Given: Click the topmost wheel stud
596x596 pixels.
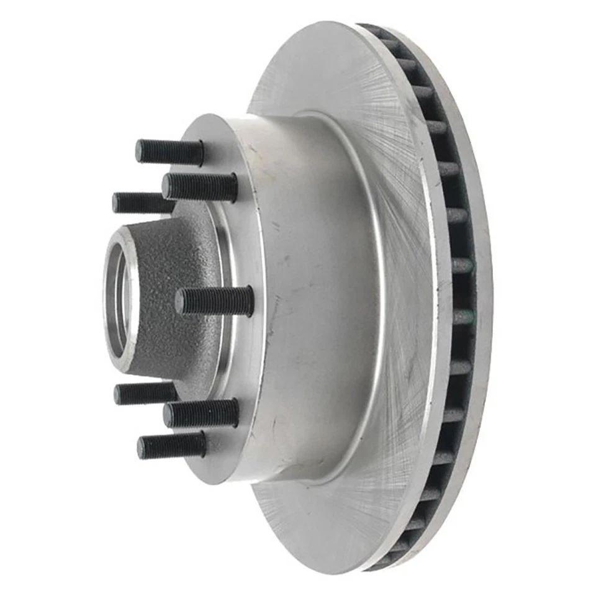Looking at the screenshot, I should (x=169, y=151).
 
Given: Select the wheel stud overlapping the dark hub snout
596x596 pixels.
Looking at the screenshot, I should (x=214, y=301).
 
